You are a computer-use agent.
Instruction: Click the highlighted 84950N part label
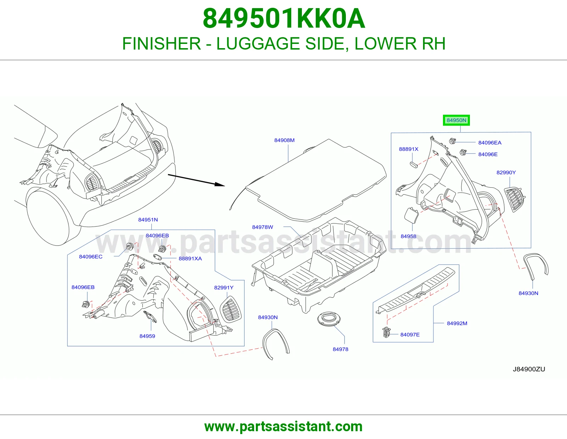(x=456, y=120)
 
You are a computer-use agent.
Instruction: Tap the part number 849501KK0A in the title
(x=283, y=19)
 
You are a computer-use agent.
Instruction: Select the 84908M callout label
(x=284, y=140)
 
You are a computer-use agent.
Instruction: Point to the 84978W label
(x=262, y=227)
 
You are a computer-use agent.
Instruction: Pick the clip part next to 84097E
(x=386, y=332)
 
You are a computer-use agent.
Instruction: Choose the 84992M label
(x=457, y=323)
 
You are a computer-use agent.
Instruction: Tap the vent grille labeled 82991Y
(x=230, y=309)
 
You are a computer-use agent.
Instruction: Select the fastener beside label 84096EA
(x=452, y=141)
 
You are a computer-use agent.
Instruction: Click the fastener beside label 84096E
(x=463, y=152)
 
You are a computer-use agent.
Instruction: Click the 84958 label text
(x=408, y=236)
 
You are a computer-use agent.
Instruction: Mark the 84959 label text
(x=147, y=336)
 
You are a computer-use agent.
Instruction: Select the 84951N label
(x=148, y=220)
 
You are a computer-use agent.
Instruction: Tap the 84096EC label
(x=90, y=257)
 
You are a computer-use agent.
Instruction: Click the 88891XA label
(x=190, y=258)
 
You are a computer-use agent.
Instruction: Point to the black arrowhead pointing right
(x=220, y=184)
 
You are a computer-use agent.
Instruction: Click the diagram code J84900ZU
(x=529, y=369)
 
